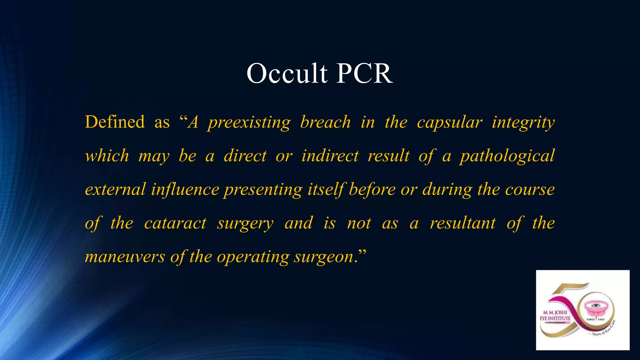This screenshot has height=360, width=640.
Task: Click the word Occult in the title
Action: (x=287, y=73)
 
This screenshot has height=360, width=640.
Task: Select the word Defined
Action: (x=115, y=122)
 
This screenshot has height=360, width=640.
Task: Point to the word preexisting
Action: (x=249, y=122)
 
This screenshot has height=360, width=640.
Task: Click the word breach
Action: (x=325, y=122)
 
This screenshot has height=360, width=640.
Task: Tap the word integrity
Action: (x=523, y=122)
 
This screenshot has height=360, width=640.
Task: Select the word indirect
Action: (x=330, y=156)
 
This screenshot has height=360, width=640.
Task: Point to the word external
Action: (x=115, y=189)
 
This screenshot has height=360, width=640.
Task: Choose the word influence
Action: (x=185, y=189)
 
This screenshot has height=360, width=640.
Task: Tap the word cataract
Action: (x=175, y=223)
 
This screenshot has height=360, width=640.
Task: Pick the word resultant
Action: (x=462, y=223)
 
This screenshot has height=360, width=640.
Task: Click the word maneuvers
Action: (x=125, y=257)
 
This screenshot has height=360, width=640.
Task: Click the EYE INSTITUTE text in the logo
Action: (x=555, y=318)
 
